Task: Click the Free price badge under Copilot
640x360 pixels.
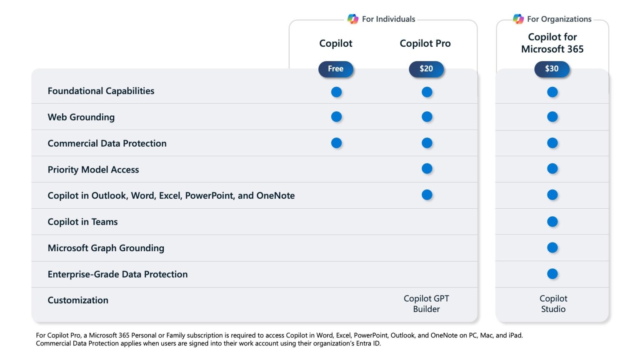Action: click(x=335, y=69)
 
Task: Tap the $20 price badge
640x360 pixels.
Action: click(x=426, y=69)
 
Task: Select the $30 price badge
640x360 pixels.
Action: click(x=552, y=69)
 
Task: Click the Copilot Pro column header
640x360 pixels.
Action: click(x=425, y=43)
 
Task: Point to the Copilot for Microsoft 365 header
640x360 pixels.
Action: click(x=552, y=43)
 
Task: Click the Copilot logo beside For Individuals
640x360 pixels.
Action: click(x=353, y=19)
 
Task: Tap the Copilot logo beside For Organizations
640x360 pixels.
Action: click(x=518, y=19)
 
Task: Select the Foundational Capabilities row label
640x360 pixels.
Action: click(x=101, y=91)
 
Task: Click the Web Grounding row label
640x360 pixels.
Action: click(x=81, y=117)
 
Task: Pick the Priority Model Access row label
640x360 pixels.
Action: click(x=93, y=170)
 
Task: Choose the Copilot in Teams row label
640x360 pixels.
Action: click(x=82, y=222)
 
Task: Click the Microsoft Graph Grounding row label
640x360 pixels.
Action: click(x=106, y=248)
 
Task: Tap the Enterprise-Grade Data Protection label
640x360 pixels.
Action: click(x=117, y=274)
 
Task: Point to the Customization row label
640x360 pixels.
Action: click(x=78, y=300)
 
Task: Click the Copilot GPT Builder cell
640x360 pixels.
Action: click(x=426, y=304)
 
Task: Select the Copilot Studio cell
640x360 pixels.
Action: click(x=553, y=304)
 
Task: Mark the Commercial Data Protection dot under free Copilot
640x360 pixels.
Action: click(x=336, y=143)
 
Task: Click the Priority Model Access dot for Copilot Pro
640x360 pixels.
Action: click(x=427, y=169)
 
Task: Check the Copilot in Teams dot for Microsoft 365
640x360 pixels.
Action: click(x=552, y=222)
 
